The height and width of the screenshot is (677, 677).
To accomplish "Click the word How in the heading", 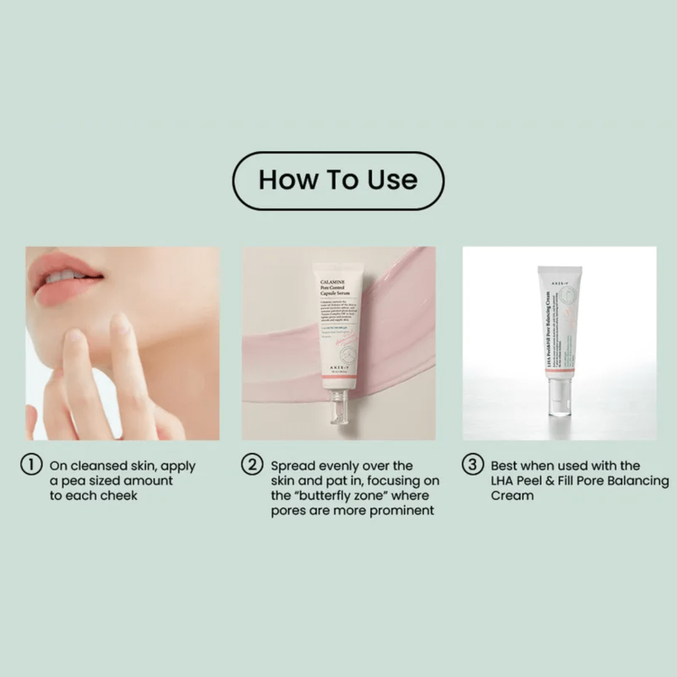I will pyautogui.click(x=286, y=180).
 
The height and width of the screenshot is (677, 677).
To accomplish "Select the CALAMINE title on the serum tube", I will pyautogui.click(x=333, y=282).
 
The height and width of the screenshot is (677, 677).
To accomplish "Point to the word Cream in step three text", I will pyautogui.click(x=512, y=496).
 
